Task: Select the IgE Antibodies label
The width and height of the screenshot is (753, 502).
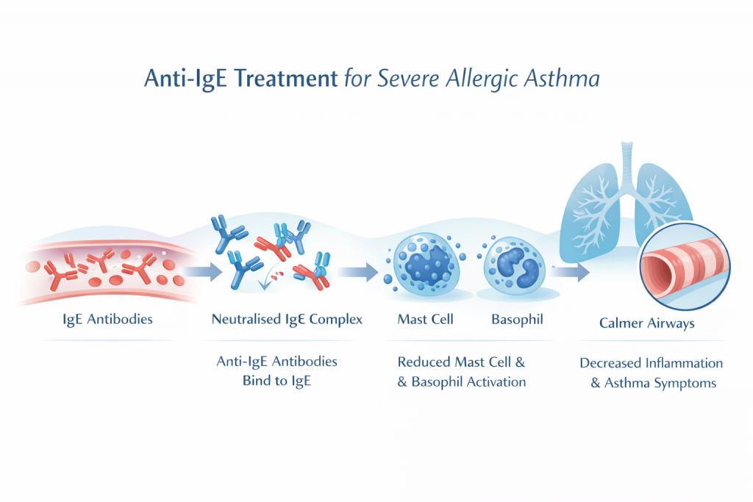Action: tap(107, 320)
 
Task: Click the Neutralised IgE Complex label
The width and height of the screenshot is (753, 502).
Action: tap(287, 320)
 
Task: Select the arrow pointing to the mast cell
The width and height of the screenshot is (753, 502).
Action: tap(360, 272)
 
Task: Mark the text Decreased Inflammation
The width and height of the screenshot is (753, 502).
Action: tap(651, 363)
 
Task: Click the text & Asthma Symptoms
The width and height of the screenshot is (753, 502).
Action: tap(653, 383)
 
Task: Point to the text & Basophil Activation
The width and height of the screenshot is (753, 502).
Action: tap(461, 381)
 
